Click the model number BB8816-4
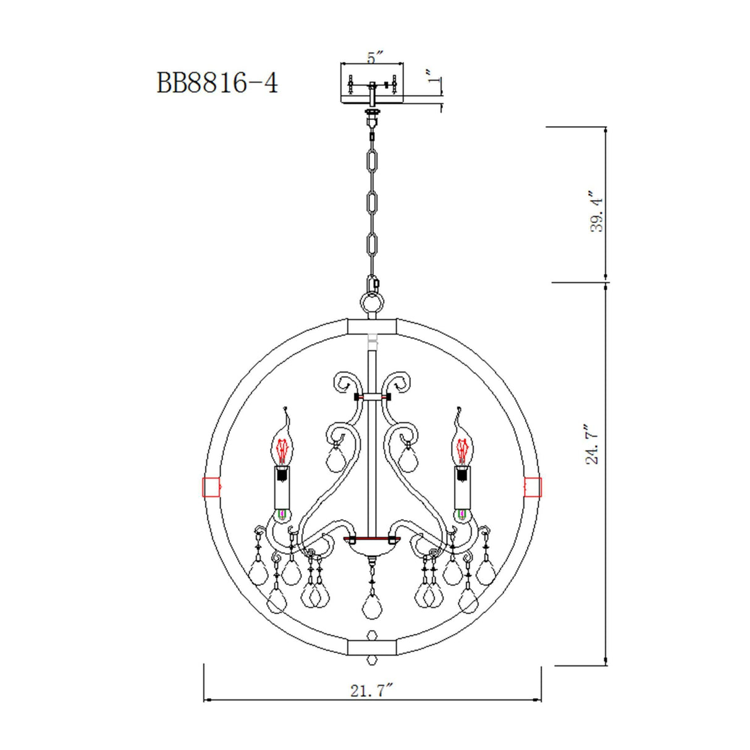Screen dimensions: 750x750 pos(217,82)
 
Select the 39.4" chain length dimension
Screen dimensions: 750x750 pos(597,211)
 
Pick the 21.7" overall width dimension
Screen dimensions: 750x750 pos(372,690)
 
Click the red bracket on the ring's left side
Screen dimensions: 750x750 pos(211,487)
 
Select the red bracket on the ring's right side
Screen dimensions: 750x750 pos(533,487)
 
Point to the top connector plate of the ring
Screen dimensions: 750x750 pos(372,326)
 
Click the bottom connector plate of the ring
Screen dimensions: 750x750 pos(372,647)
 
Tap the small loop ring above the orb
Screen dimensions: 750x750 pos(372,303)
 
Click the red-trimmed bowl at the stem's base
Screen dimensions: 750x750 pos(371,544)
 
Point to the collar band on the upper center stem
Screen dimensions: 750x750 pos(372,397)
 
